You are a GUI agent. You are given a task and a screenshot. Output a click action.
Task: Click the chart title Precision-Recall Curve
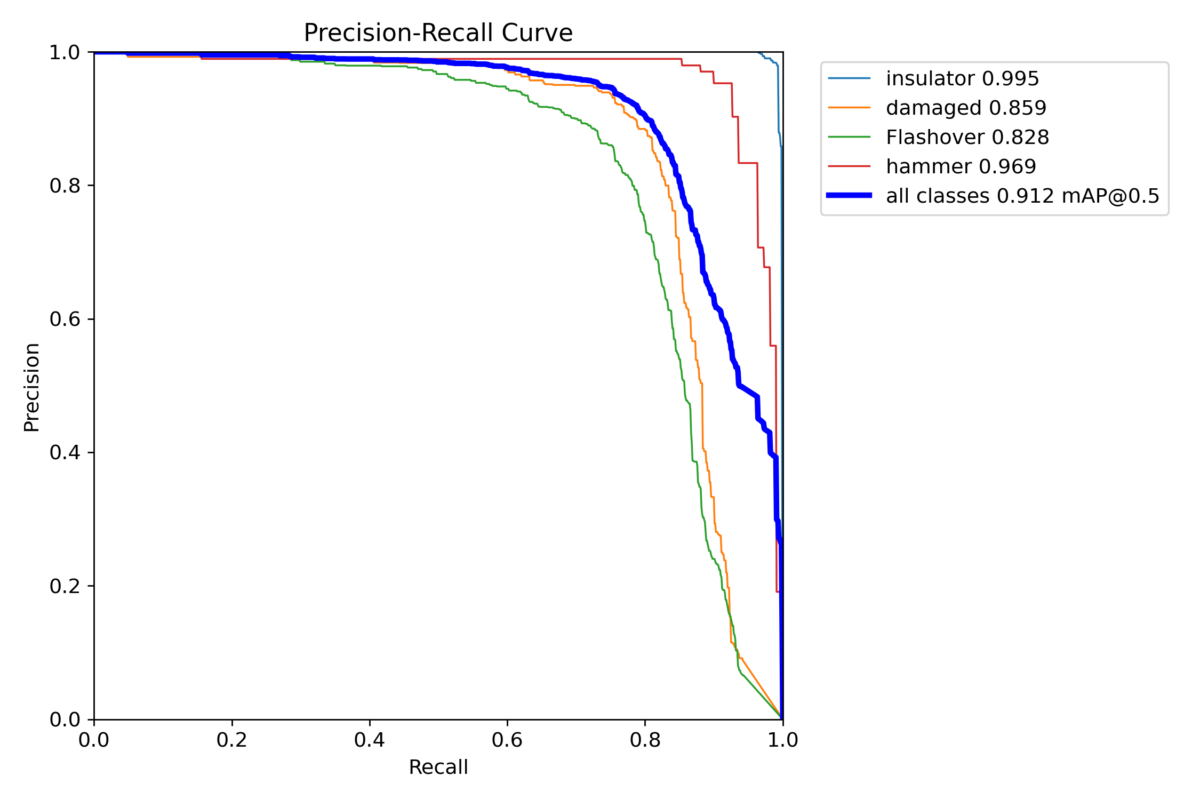coord(438,33)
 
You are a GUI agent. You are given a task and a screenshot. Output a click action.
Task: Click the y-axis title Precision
coord(32,387)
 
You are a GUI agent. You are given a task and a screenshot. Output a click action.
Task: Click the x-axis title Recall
coord(438,767)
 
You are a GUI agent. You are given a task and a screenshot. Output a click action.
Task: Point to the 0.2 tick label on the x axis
coord(232,740)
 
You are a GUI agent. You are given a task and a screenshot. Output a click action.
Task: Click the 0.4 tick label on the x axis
coord(370,740)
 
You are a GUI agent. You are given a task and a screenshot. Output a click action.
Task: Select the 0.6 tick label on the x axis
coord(507,740)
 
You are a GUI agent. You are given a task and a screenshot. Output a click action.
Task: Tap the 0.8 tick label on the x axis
coord(645,740)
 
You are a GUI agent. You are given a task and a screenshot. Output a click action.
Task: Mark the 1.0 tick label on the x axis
coord(783,740)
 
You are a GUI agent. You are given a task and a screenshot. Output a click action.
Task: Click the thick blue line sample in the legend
coord(849,196)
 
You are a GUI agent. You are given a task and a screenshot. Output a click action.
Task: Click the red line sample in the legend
coord(849,166)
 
